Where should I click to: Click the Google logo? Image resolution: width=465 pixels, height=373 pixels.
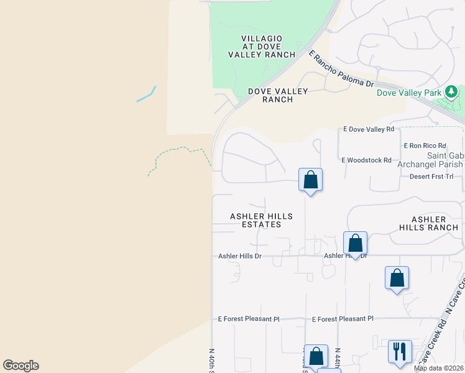point(21,366)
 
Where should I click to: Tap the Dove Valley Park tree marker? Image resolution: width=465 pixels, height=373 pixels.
point(451,93)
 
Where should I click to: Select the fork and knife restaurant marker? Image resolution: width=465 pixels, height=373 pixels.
point(399,351)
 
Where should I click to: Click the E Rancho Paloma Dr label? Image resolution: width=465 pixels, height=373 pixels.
point(343,70)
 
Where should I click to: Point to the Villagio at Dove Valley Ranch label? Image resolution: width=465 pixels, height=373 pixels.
point(261,47)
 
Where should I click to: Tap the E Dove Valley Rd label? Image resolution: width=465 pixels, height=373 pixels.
point(369,129)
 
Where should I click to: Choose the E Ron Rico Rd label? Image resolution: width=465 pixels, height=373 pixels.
point(425,145)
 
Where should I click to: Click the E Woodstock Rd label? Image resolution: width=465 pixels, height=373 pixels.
point(367,160)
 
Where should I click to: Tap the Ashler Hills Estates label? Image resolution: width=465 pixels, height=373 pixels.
point(261,220)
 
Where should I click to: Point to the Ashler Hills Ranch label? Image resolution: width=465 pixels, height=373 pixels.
point(429,224)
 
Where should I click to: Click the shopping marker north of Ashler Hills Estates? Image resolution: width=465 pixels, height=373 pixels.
point(311,180)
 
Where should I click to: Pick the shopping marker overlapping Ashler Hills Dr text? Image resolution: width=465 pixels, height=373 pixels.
point(355,243)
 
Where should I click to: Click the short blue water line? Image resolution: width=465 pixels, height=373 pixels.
point(145,94)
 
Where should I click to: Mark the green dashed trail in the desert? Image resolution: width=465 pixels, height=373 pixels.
point(177,153)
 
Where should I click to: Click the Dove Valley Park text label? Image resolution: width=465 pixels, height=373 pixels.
point(409,93)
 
